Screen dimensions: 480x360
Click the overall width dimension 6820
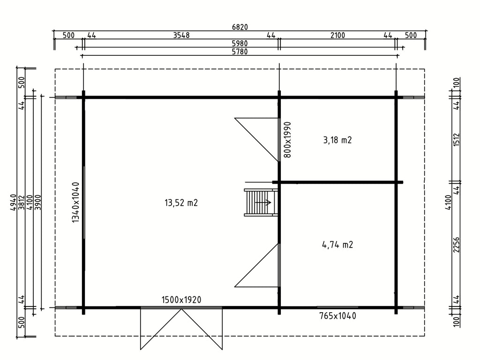pos(240,27)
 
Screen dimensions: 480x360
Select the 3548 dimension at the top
pos(181,35)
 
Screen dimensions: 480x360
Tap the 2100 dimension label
pos(337,35)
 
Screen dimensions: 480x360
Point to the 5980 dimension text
pos(240,44)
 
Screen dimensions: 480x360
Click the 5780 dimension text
pos(240,52)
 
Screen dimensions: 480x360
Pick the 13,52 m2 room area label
pos(181,202)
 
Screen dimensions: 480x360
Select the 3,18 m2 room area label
pos(337,140)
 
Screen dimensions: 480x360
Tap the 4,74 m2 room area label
pos(337,245)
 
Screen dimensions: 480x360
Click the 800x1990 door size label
pos(287,140)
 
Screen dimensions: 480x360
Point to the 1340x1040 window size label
pos(75,202)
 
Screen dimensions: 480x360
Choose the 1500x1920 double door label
pos(181,300)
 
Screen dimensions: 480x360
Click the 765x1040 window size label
pos(337,316)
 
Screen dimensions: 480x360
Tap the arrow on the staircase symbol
pos(263,202)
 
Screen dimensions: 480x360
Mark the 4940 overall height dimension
pos(13,202)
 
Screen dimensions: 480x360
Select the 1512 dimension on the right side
pos(457,140)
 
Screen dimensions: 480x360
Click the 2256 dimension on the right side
pos(457,245)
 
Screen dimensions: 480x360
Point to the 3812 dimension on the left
pos(22,202)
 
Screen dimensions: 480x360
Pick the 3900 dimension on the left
pos(38,202)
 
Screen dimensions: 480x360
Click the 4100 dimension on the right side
pos(448,202)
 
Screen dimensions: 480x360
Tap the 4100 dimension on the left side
pos(30,202)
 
